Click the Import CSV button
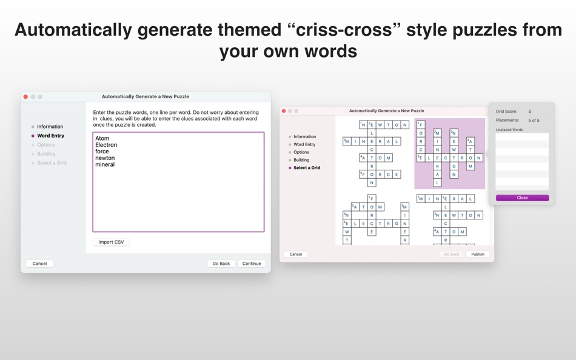point(111,242)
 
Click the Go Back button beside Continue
point(221,264)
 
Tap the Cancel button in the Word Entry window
point(39,264)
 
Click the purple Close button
point(522,198)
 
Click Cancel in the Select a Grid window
point(296,254)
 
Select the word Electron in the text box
point(106,145)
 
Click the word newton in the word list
point(105,158)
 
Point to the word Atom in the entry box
point(102,138)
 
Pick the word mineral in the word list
point(105,164)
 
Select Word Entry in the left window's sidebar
point(50,136)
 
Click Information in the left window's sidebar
point(50,127)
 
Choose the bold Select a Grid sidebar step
point(307,168)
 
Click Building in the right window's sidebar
point(301,160)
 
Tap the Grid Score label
point(506,112)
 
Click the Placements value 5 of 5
point(534,120)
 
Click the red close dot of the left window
point(25,97)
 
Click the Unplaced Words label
point(509,130)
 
